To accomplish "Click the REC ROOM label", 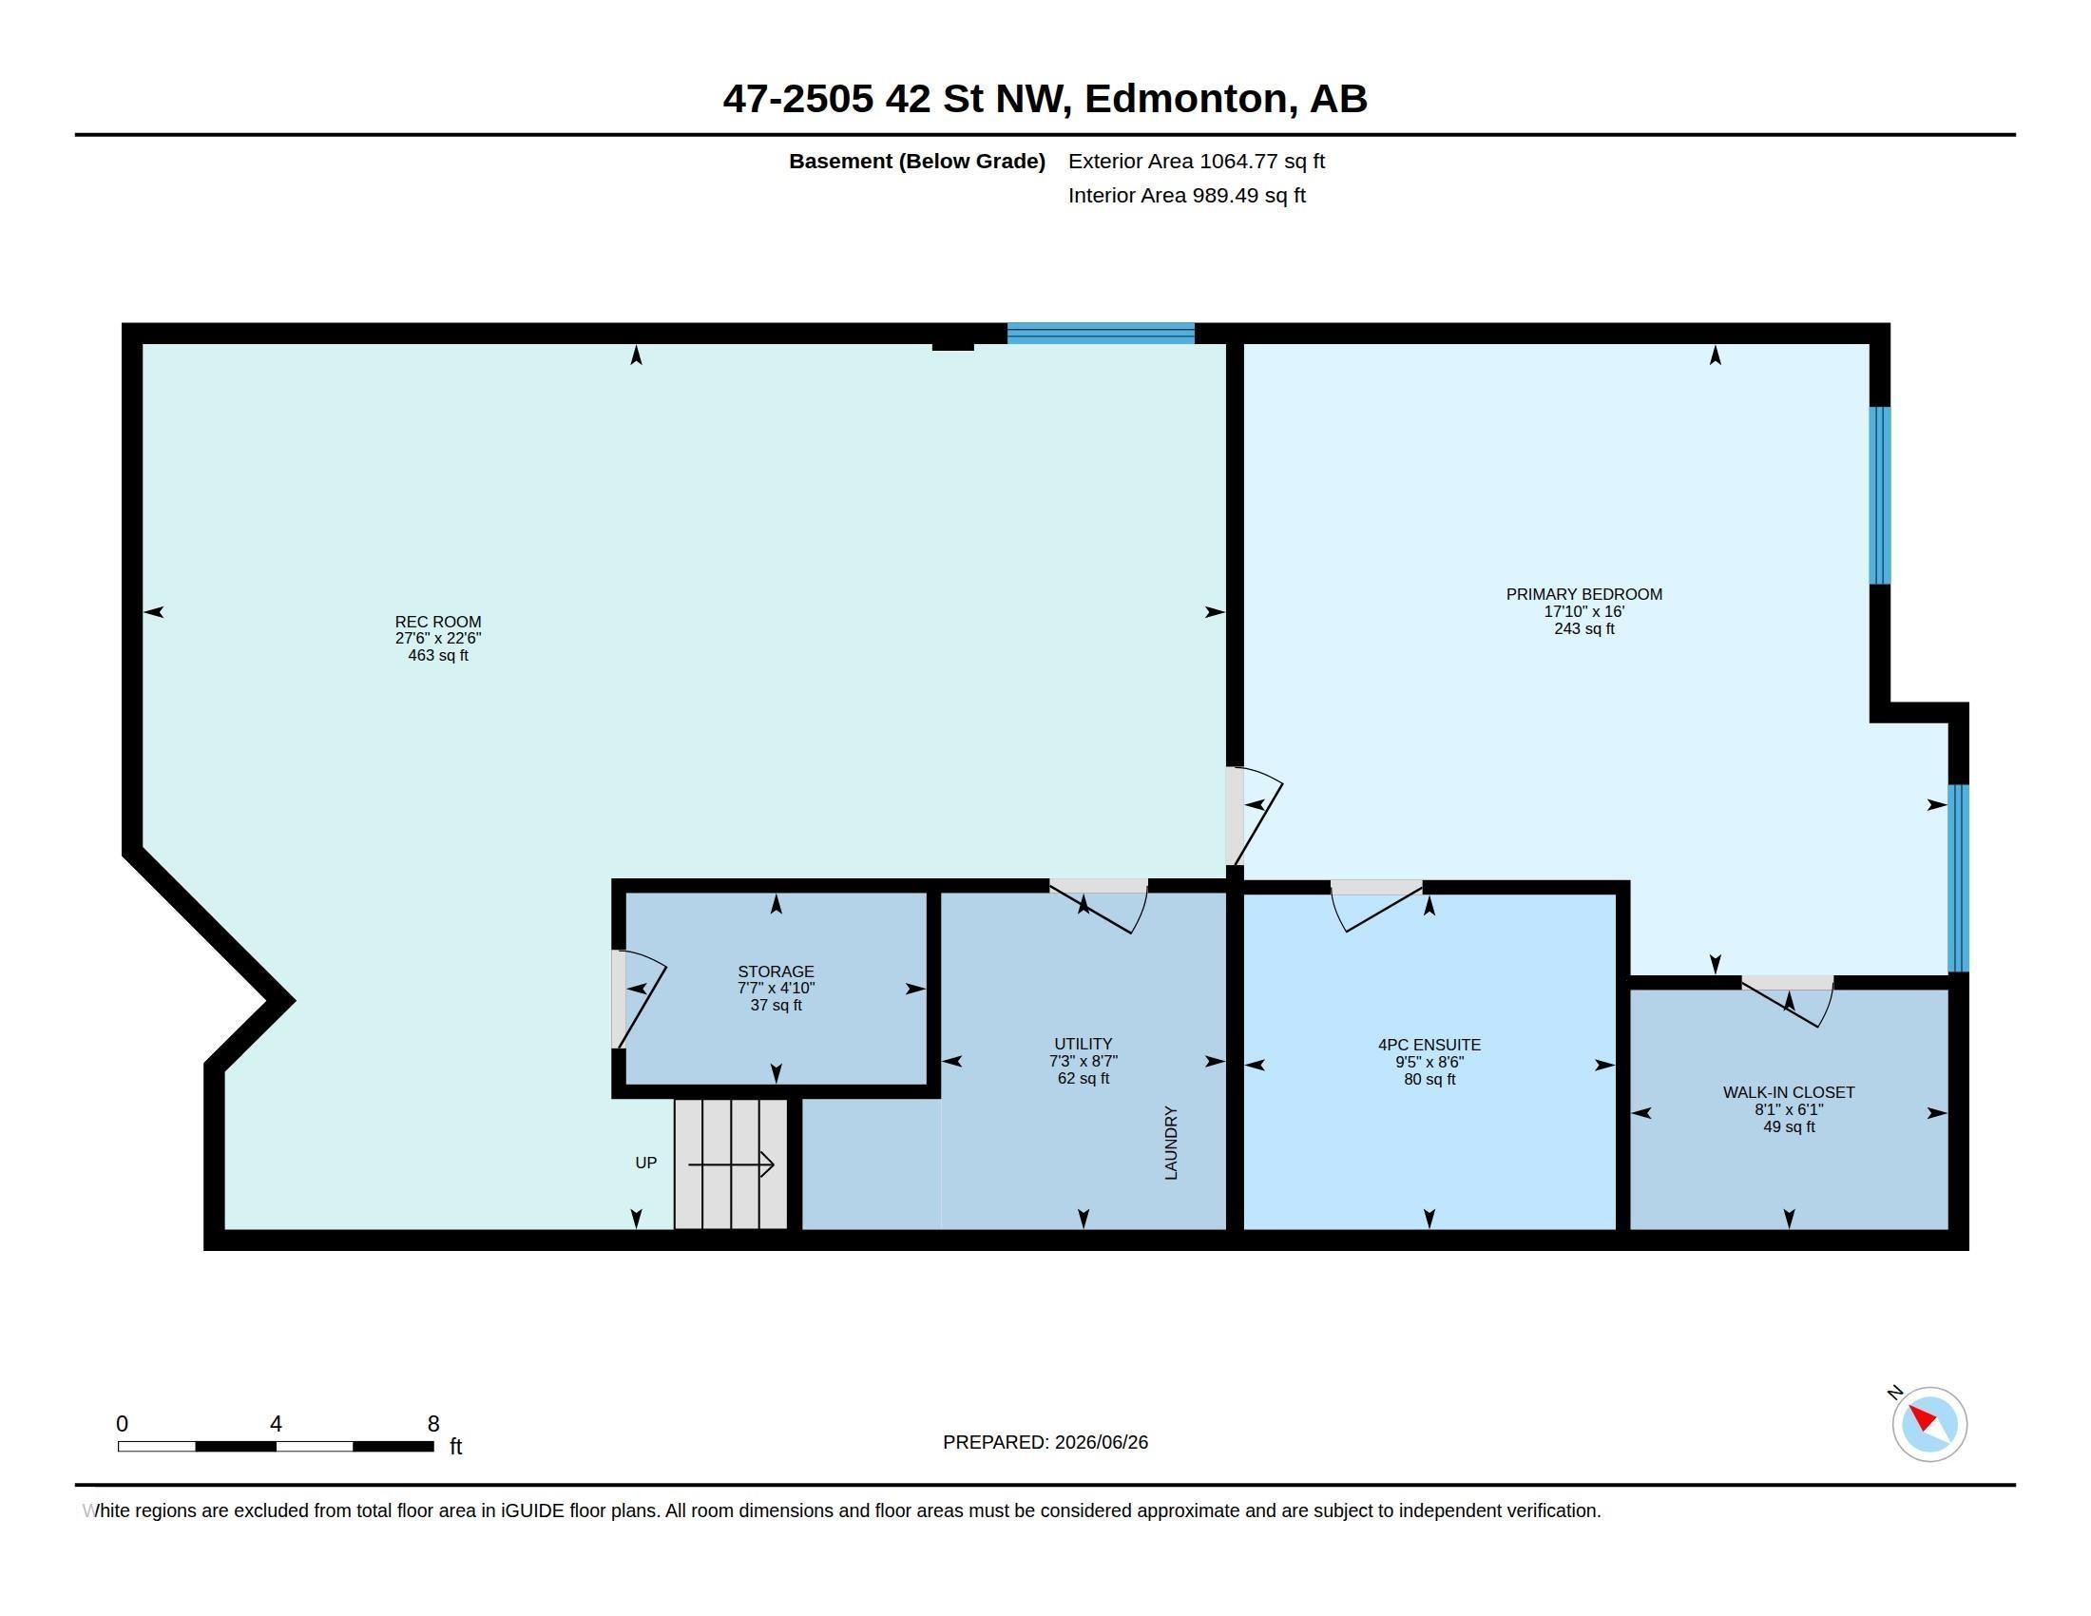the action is [x=437, y=622].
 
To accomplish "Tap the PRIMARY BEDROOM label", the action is [x=1583, y=594].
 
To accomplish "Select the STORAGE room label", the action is [x=776, y=972].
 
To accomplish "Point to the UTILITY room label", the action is [x=1083, y=1045].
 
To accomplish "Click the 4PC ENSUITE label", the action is [x=1429, y=1046].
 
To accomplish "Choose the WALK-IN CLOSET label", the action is [x=1789, y=1092].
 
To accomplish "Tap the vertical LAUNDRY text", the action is [x=1171, y=1143].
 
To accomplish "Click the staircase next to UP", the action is [x=731, y=1164].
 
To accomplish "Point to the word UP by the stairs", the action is [x=646, y=1164].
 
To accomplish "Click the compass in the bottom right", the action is [x=1929, y=1424].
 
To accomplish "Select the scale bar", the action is [x=276, y=1446].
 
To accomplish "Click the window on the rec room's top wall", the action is [x=1101, y=333].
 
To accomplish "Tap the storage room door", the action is [x=639, y=998].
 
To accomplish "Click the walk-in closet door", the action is [x=1787, y=1000].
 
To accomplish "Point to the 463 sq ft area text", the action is [x=437, y=656].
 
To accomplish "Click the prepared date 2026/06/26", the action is [x=1101, y=1443].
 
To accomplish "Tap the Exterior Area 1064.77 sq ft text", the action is [x=1196, y=162].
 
